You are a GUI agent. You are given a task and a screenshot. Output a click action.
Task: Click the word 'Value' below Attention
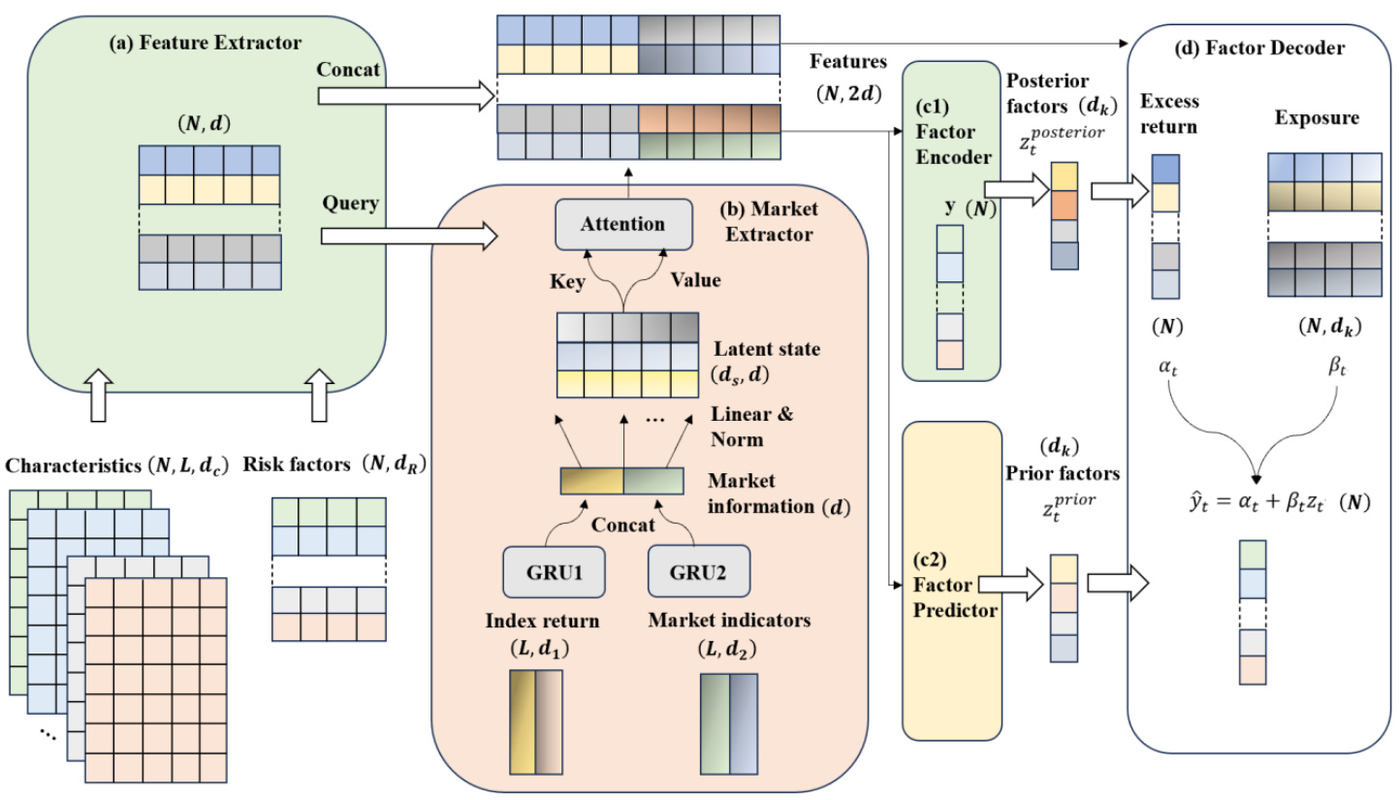point(697,279)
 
